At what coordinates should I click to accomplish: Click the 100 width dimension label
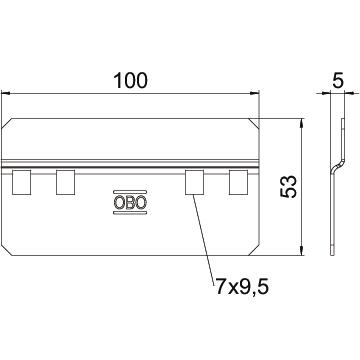coord(130,81)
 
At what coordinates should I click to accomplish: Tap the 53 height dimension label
coord(289,187)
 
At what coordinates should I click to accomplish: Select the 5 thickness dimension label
coord(338,81)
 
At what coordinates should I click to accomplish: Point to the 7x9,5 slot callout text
coord(242,287)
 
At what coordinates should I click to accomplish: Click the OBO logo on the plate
coord(130,202)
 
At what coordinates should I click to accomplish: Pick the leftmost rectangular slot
coord(21,182)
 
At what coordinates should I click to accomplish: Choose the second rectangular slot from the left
coord(65,182)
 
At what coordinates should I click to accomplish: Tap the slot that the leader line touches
coord(194,182)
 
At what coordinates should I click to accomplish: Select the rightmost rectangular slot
coord(238,182)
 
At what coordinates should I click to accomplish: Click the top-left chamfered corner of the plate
coord(7,123)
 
